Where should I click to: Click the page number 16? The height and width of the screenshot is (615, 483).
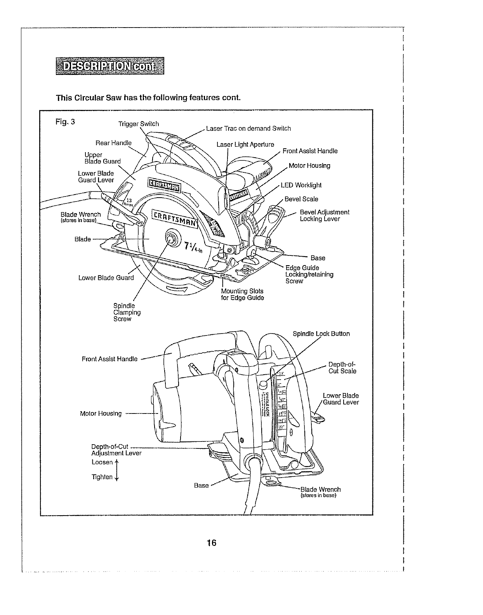pos(211,543)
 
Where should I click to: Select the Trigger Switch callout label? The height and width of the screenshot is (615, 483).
pos(139,124)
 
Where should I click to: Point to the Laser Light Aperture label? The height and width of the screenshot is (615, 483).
pos(245,144)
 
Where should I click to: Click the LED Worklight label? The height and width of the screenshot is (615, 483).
pos(301,185)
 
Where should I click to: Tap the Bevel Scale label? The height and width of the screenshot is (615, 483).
pos(301,199)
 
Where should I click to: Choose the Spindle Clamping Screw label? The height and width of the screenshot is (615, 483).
pos(127,312)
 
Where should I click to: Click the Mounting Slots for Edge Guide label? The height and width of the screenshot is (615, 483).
pos(242,294)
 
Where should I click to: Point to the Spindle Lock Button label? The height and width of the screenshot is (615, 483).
pos(321,334)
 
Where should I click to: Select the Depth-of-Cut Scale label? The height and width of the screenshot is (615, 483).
pos(342,367)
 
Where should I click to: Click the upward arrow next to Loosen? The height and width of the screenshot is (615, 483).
pos(117,462)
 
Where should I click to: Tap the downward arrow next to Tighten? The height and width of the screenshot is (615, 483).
pos(117,477)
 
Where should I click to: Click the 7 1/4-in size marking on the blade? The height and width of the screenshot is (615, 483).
pos(193,247)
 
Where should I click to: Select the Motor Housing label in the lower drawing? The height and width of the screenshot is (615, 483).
pos(101,413)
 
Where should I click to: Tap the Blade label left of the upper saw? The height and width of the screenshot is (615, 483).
pos(83,239)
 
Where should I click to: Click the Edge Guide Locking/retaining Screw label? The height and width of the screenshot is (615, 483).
pos(309,274)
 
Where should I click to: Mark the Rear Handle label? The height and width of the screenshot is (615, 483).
pos(114,142)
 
